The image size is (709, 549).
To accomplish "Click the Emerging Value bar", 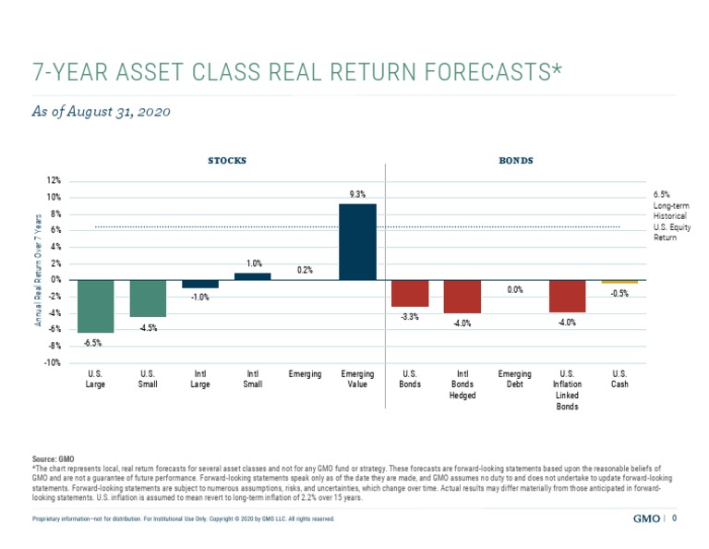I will pyautogui.click(x=357, y=241).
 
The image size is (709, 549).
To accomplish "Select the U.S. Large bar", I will pyautogui.click(x=95, y=306).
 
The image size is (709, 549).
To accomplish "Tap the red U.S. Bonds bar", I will pyautogui.click(x=410, y=293).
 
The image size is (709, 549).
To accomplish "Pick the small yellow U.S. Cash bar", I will pyautogui.click(x=619, y=281).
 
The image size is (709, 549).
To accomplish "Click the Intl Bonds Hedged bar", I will pyautogui.click(x=462, y=296).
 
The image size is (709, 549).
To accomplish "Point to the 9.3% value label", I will pyautogui.click(x=357, y=194).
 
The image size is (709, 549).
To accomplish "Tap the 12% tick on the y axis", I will pyautogui.click(x=54, y=181).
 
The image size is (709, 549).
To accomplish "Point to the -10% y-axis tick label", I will pyautogui.click(x=53, y=363).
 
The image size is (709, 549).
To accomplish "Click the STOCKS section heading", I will pyautogui.click(x=226, y=161).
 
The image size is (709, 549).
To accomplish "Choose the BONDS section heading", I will pyautogui.click(x=516, y=161).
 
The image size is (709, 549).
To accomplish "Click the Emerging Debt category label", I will pyautogui.click(x=514, y=378).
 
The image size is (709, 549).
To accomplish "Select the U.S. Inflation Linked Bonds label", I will pyautogui.click(x=567, y=389).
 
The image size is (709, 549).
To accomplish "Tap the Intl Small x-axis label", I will pyautogui.click(x=252, y=378).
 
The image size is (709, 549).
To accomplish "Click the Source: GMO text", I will pyautogui.click(x=53, y=458).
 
